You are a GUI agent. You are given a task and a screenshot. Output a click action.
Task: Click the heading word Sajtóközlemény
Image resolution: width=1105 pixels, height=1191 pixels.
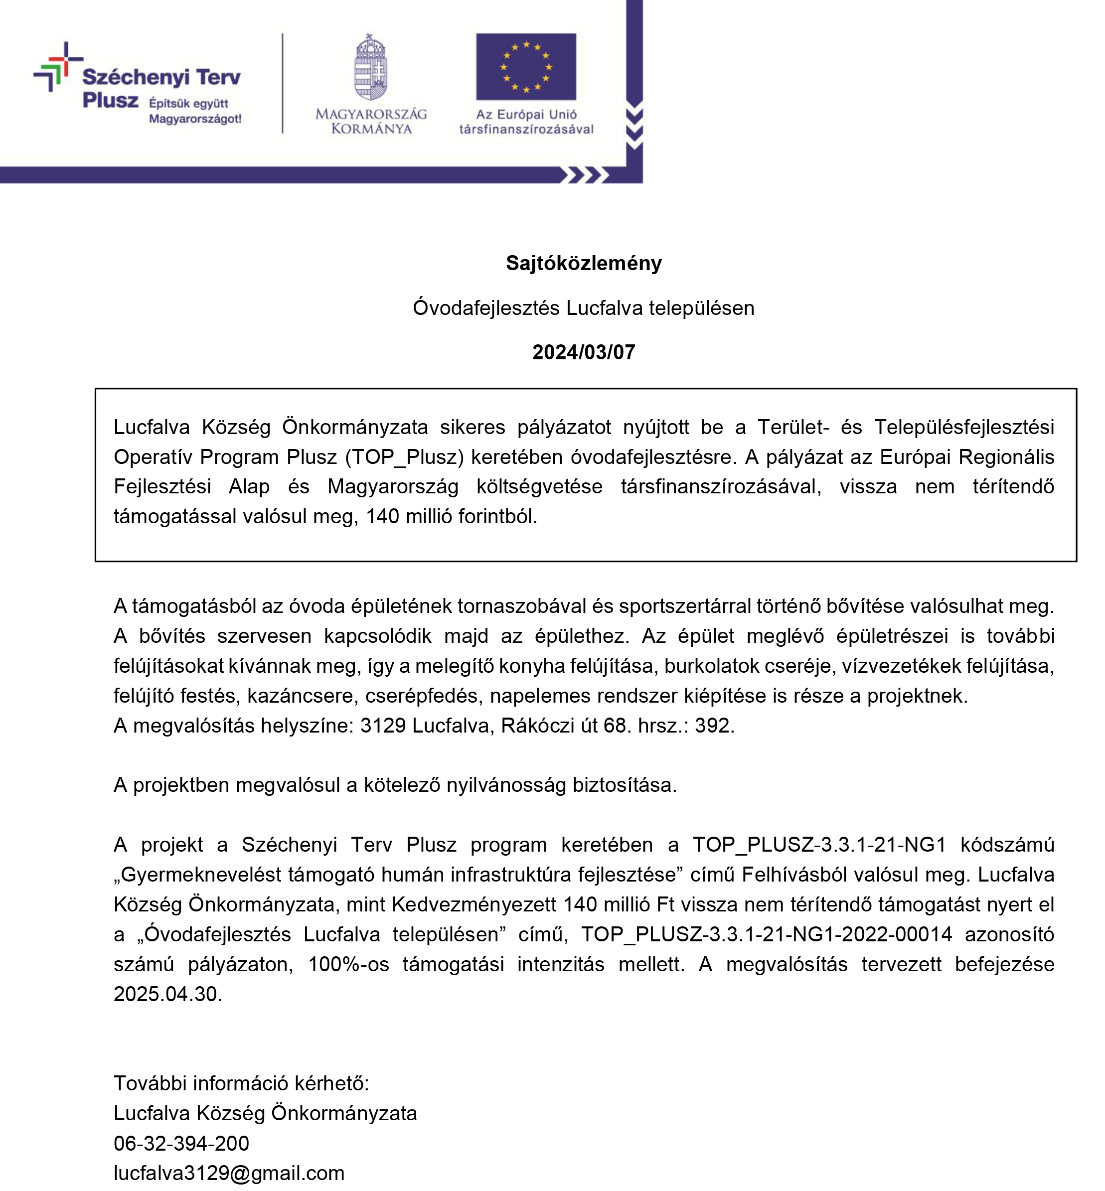(584, 263)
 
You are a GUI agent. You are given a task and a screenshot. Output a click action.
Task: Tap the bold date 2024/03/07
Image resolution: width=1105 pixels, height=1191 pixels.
(584, 352)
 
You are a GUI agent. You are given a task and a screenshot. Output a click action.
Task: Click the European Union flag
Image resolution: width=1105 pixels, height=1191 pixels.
(526, 66)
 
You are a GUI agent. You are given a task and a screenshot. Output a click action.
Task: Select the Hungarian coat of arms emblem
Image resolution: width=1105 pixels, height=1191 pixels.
(371, 67)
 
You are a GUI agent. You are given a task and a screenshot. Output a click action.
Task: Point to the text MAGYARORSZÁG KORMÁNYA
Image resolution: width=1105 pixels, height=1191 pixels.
(371, 122)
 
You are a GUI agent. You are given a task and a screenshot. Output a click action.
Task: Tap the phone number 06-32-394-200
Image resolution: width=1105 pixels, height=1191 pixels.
(181, 1143)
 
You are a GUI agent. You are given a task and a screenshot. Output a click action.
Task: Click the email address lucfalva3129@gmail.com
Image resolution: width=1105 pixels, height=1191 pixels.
(229, 1173)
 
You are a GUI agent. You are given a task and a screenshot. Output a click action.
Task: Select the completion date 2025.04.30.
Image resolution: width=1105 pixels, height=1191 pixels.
(167, 994)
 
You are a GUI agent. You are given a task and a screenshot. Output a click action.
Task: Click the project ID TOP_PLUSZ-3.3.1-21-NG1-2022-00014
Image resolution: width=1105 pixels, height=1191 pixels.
(766, 934)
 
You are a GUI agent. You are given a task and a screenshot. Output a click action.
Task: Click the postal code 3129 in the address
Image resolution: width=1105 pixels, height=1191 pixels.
(383, 725)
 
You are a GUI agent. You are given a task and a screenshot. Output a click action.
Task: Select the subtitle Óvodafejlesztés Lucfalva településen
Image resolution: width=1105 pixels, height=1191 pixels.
(584, 308)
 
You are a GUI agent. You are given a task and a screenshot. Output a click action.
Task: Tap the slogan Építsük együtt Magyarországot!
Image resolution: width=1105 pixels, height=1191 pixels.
(195, 111)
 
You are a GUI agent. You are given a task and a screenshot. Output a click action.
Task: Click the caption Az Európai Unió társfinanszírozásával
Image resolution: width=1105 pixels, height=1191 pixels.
(526, 122)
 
